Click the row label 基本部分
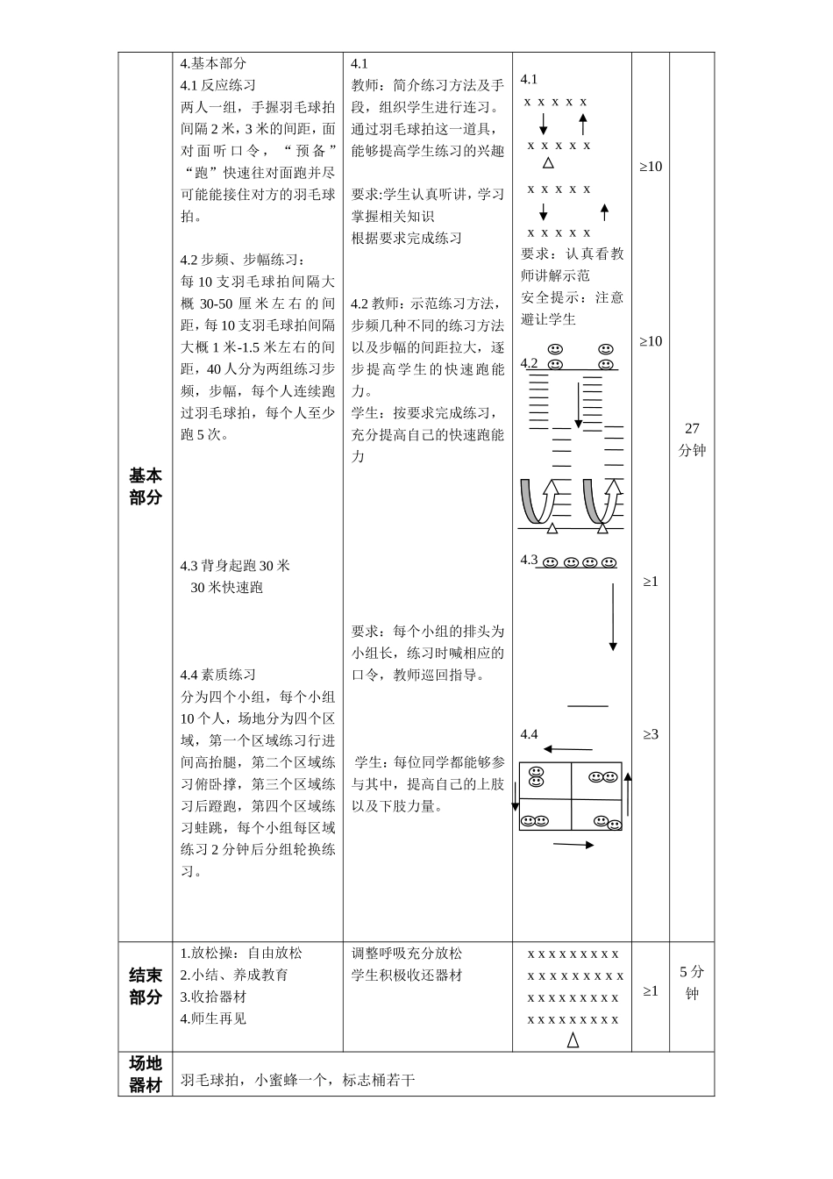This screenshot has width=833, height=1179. (146, 486)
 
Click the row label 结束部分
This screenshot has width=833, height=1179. (146, 986)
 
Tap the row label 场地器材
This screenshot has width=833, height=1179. (146, 1074)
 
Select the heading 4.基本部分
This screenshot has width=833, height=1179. (213, 63)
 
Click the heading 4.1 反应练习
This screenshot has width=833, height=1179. (218, 85)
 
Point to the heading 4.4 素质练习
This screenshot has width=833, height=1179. (218, 675)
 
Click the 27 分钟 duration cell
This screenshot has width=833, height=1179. (692, 439)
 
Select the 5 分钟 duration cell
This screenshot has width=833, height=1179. (692, 982)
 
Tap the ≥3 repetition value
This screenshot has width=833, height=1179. (651, 734)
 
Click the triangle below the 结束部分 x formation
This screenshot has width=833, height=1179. (573, 1040)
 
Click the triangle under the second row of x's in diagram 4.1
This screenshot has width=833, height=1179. (548, 163)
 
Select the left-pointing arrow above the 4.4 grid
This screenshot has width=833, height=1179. (567, 749)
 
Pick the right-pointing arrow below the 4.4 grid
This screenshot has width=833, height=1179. (573, 845)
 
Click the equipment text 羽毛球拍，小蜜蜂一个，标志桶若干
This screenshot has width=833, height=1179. (297, 1080)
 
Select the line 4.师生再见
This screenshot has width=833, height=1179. (213, 1018)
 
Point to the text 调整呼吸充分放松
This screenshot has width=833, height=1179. (407, 953)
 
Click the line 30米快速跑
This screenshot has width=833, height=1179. (226, 587)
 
